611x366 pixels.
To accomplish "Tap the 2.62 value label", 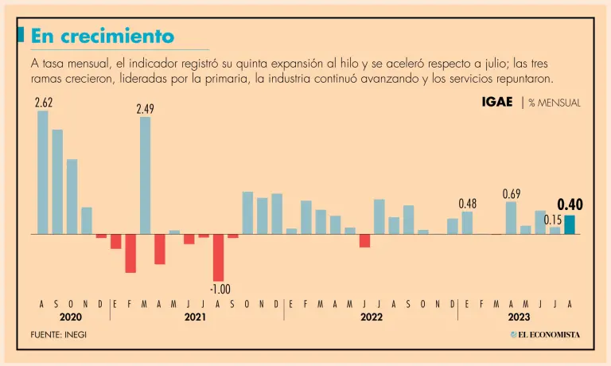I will tap(43, 103).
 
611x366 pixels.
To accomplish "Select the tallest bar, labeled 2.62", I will tap(43, 172).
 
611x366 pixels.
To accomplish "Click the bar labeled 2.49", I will tap(145, 175).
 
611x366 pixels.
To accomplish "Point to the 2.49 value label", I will tap(145, 109).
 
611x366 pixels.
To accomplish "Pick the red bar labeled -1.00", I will tap(218, 258).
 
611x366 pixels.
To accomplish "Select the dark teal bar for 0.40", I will tap(570, 224).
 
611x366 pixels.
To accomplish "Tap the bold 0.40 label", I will tap(570, 205).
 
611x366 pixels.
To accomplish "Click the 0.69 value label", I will tap(512, 193).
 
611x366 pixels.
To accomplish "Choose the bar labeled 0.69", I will tap(512, 218).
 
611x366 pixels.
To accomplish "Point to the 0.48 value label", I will tap(468, 203).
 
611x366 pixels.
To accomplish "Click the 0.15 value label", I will tap(553, 220).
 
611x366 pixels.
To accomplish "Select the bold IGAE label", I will tap(496, 103).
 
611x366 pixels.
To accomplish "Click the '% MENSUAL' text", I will tap(555, 103).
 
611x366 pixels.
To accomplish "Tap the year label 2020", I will tap(72, 317).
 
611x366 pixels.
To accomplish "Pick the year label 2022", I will tap(371, 317).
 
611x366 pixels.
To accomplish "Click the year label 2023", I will tap(519, 317).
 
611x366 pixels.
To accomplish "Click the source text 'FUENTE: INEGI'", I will tap(59, 335).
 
